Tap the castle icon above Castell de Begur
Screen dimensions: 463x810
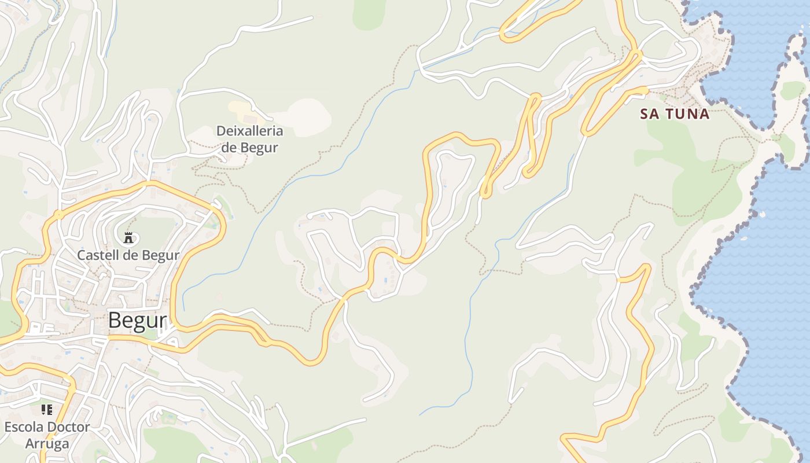click(x=128, y=237)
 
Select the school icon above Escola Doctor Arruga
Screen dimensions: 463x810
click(x=47, y=410)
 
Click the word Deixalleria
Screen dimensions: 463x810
click(x=249, y=130)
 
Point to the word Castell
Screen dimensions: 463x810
click(x=98, y=255)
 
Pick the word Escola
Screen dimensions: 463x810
click(x=24, y=427)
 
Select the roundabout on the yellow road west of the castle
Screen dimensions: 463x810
click(x=58, y=215)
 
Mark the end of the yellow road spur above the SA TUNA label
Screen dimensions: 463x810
click(x=646, y=90)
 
